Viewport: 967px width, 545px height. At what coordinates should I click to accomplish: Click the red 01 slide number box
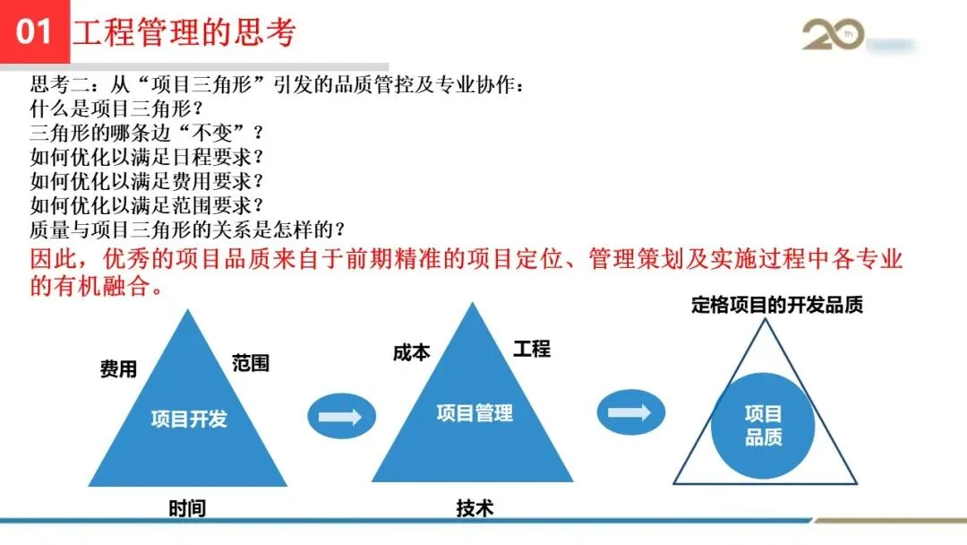(34, 32)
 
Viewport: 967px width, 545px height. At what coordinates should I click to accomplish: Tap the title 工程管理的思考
(184, 33)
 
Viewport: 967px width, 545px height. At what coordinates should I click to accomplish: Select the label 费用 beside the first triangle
(118, 369)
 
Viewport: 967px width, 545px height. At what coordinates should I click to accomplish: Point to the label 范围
(251, 363)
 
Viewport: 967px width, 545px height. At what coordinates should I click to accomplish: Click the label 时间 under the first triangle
(187, 508)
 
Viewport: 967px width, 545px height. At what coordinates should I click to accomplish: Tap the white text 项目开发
(189, 419)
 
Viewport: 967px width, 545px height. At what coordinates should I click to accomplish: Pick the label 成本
(411, 352)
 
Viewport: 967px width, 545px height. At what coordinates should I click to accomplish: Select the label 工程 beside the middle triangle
(532, 349)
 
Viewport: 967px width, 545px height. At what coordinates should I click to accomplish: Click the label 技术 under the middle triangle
(475, 508)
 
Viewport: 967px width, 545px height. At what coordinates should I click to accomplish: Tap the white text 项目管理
(475, 413)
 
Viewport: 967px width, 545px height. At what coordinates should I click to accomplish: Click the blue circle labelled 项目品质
(763, 425)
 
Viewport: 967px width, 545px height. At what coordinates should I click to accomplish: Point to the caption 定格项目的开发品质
(777, 305)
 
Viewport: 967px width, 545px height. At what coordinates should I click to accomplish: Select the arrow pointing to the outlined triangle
(630, 413)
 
